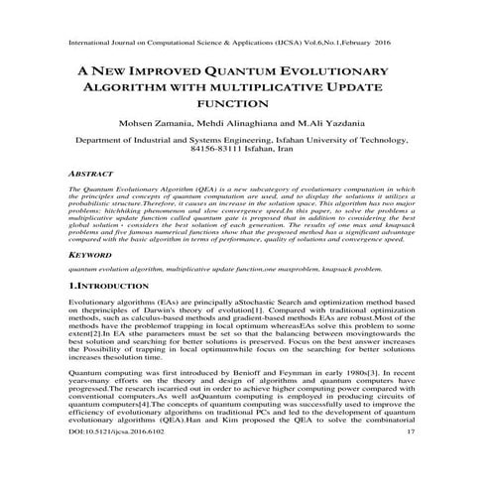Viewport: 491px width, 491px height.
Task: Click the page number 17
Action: point(411,459)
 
